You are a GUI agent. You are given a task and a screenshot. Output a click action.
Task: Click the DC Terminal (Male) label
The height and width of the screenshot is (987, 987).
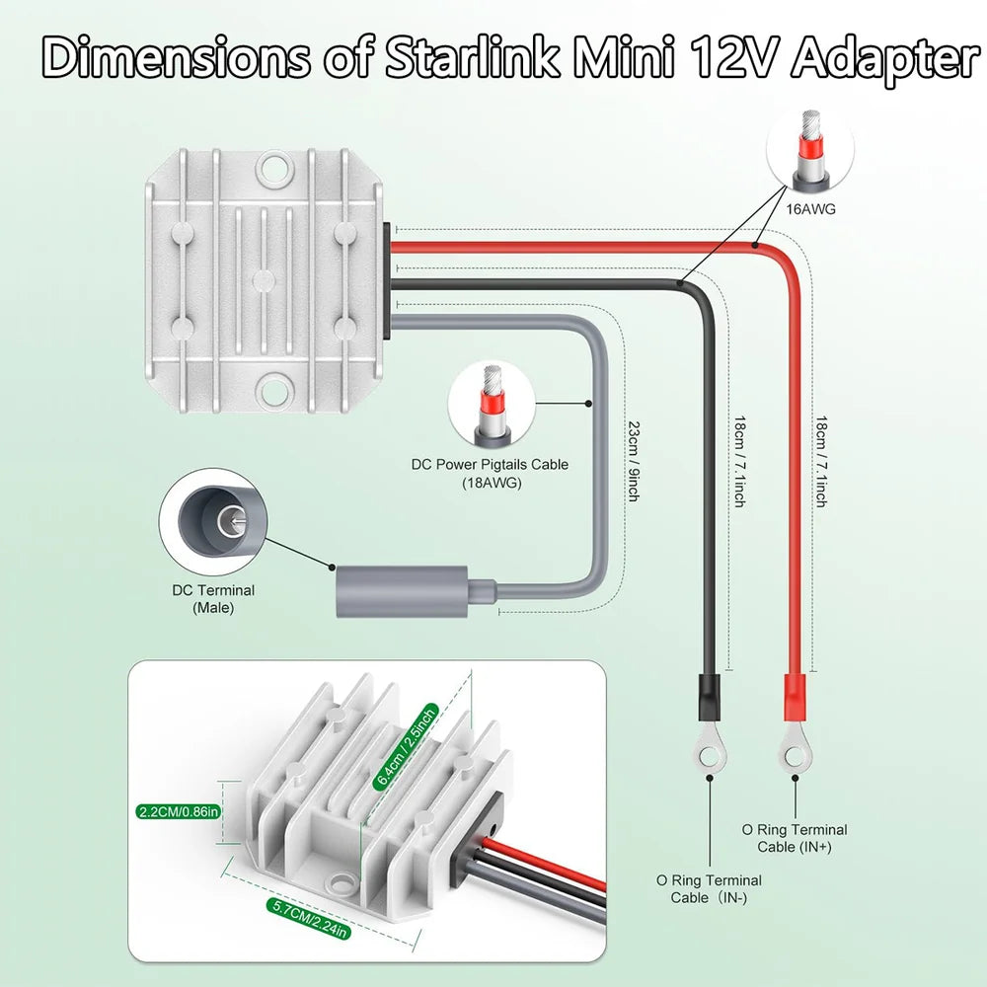[213, 599]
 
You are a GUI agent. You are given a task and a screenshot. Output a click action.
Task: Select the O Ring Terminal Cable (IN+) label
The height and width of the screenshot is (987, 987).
[795, 838]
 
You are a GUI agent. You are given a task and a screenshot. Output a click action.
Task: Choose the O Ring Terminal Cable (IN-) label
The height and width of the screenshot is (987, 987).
[709, 888]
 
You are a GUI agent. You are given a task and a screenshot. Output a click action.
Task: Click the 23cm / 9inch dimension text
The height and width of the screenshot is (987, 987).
[634, 462]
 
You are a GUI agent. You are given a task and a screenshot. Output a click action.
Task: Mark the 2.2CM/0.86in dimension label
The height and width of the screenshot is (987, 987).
[178, 812]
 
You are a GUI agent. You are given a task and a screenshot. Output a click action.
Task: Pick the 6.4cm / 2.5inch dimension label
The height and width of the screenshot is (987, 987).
[405, 744]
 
